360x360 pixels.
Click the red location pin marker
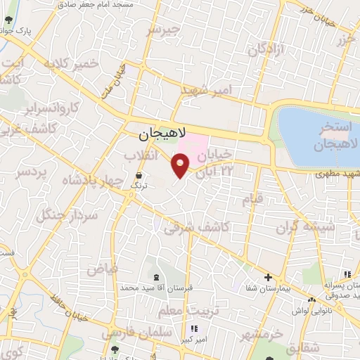181,166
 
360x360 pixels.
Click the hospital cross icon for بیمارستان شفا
268,276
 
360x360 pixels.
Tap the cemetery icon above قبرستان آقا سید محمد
155,276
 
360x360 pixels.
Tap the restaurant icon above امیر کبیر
194,328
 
